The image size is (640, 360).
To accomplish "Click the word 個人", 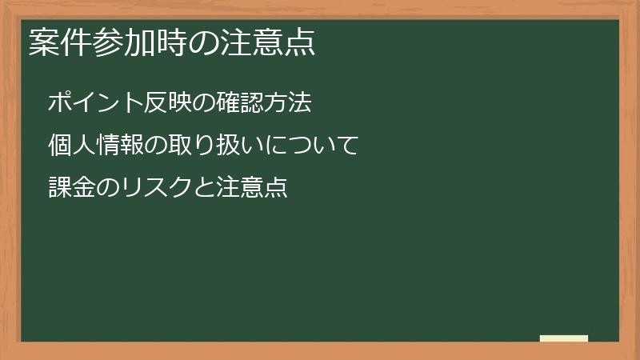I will coord(70,146).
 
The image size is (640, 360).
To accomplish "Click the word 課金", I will coord(70,189).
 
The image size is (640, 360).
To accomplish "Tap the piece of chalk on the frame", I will coord(564,338).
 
